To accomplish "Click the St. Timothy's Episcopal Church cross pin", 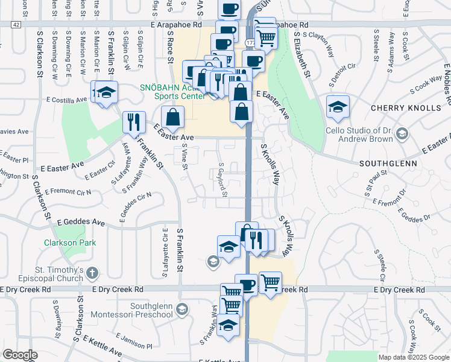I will tap(91, 272).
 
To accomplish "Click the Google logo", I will tap(20, 355).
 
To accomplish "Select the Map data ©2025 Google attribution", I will tap(414, 357).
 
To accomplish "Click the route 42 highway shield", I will tap(16, 24).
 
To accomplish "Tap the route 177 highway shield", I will tap(249, 42).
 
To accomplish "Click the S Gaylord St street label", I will tap(222, 179).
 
